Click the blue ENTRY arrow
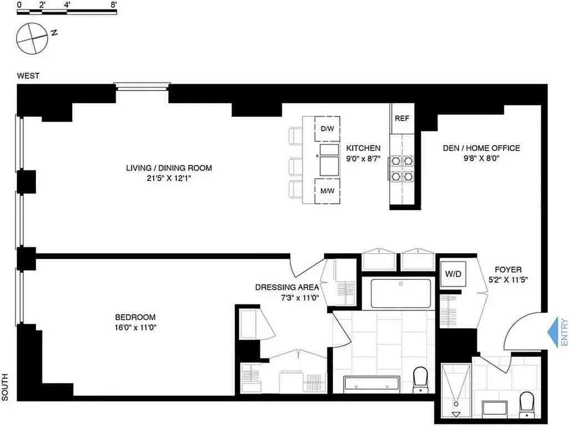555,333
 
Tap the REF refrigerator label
402,118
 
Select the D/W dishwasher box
328,129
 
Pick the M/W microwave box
328,191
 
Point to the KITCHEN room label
363,148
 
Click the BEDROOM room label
133,317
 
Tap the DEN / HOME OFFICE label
481,148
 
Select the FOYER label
505,270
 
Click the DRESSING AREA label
287,287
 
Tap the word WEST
28,76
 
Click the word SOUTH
6,387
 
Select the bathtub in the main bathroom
400,293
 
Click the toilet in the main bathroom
420,379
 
